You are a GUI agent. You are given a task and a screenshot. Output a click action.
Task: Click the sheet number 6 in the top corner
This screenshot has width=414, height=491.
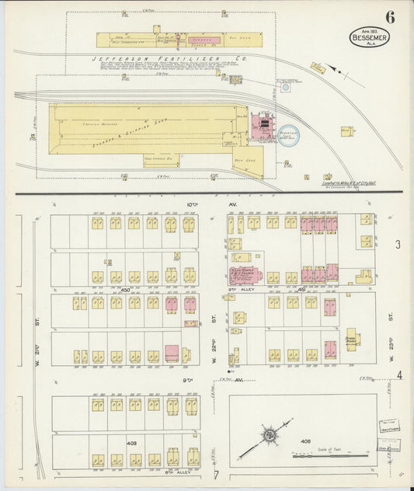(x=388, y=16)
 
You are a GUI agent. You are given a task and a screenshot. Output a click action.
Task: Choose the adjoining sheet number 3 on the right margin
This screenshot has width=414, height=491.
(x=397, y=245)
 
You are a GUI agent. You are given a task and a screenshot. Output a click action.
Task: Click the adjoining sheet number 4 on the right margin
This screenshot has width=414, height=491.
(x=399, y=376)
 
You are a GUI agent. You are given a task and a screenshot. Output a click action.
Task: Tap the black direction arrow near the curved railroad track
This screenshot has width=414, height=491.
(x=335, y=71)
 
